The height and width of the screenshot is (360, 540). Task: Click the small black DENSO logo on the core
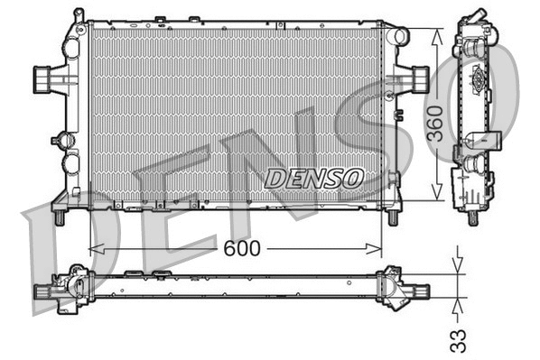click(x=313, y=178)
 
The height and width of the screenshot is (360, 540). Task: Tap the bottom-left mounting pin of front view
click(x=59, y=217)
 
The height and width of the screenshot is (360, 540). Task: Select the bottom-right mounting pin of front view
click(x=393, y=217)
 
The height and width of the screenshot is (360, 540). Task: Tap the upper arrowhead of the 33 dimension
click(x=460, y=267)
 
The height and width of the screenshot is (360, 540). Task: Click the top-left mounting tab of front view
click(x=79, y=16)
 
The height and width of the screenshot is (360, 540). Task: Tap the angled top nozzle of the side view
click(x=475, y=20)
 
